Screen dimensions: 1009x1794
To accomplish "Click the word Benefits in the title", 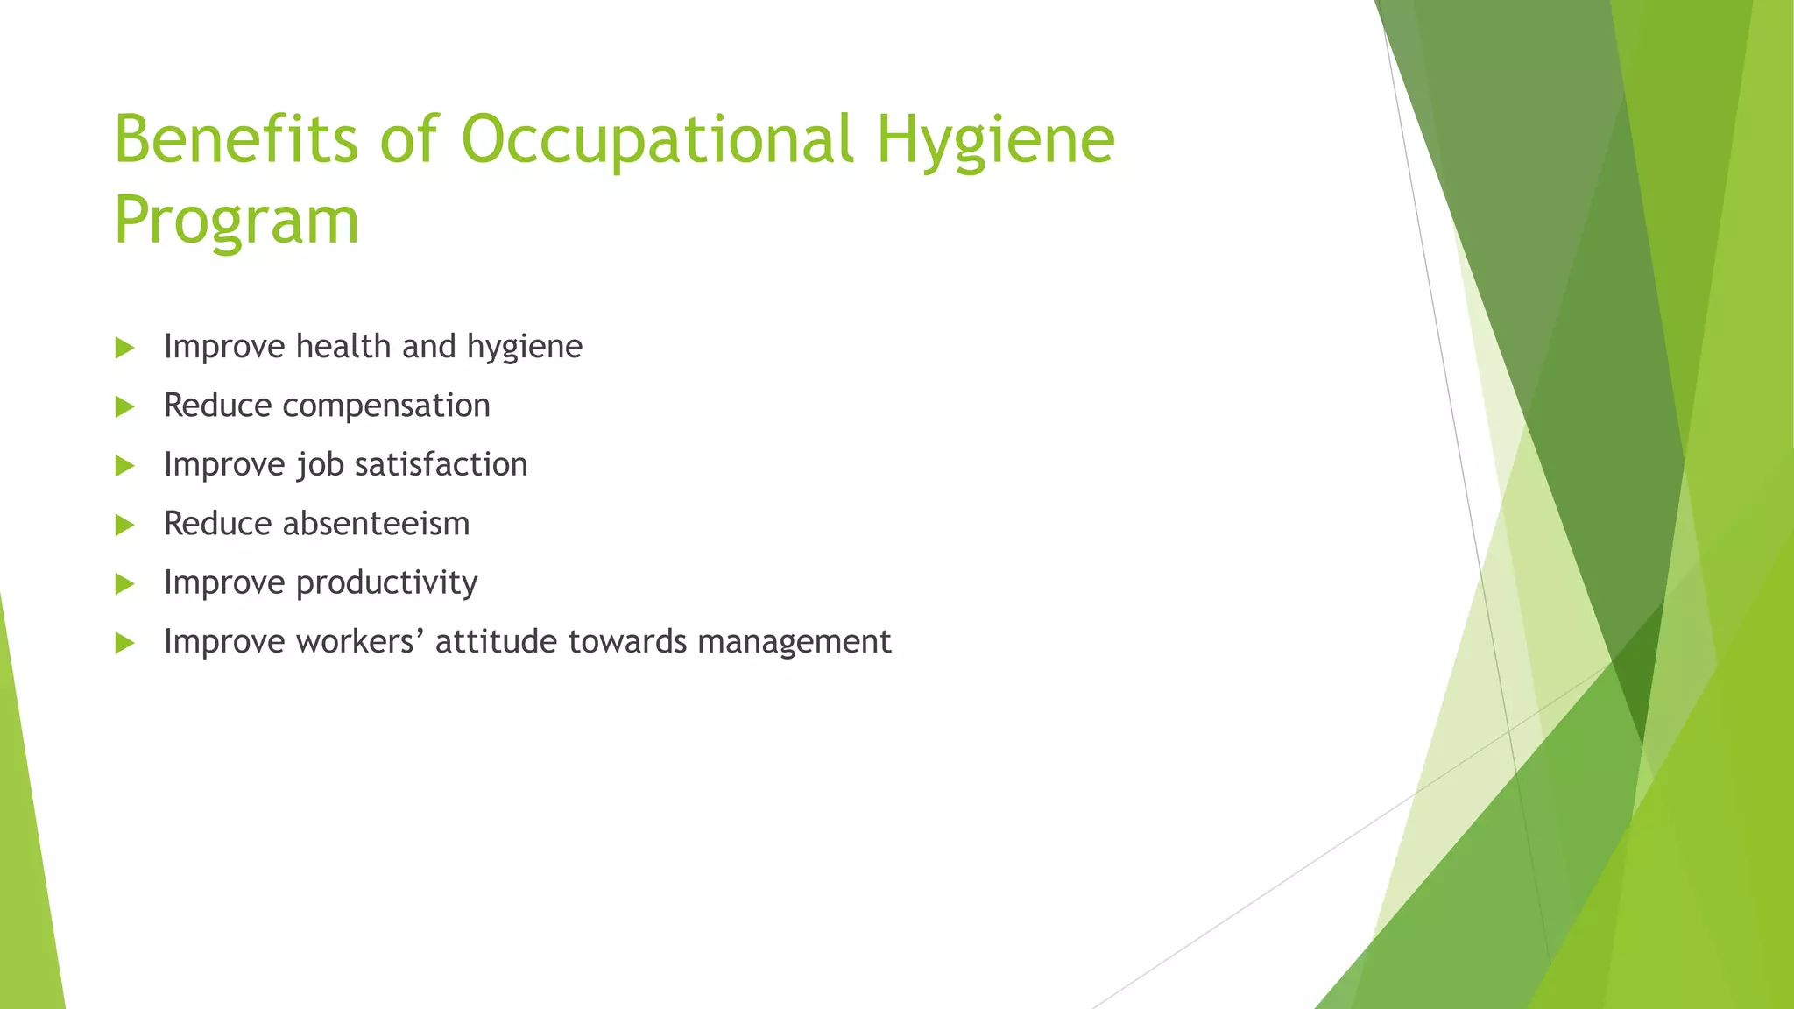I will pos(236,139).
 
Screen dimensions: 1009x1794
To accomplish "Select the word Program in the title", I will pos(237,221).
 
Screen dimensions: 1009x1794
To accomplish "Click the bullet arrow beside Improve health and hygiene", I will pos(124,348).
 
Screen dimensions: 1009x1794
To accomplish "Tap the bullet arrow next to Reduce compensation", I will pos(124,406).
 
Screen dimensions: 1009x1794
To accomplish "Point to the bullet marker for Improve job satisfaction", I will pos(124,466).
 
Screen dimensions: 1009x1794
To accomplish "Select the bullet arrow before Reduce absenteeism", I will pos(124,525).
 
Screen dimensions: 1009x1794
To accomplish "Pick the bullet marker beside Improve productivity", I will pos(124,583).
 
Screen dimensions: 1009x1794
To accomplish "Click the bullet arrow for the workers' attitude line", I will pos(124,643).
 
